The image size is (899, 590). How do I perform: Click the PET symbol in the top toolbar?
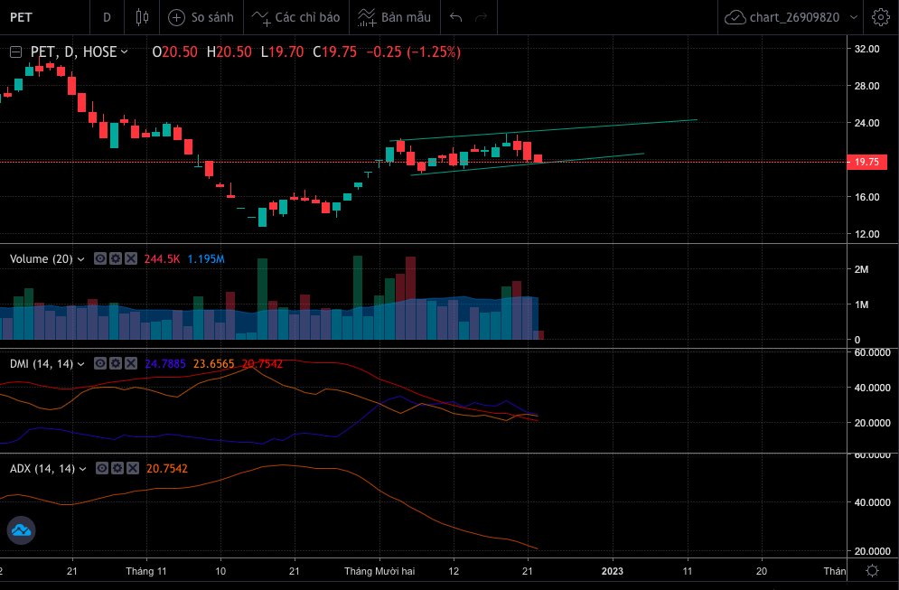tap(22, 17)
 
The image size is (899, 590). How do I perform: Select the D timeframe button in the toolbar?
tap(107, 17)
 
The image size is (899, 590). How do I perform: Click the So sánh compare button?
tap(201, 17)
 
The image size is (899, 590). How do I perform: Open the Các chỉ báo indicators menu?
tap(295, 17)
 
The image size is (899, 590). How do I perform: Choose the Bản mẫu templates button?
tap(394, 17)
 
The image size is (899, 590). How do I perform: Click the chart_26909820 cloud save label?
tap(782, 17)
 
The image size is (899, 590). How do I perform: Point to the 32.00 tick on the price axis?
tap(866, 49)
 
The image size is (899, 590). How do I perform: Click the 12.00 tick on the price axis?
tap(866, 234)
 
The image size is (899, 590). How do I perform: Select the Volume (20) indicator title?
tap(42, 259)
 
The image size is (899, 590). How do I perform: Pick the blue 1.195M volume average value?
tap(206, 259)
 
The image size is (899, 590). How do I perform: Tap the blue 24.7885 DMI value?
tap(166, 364)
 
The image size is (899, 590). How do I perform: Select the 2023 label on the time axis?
tap(613, 571)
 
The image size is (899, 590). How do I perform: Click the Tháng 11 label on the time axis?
tap(146, 571)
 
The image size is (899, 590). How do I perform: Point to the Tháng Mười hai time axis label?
tap(379, 571)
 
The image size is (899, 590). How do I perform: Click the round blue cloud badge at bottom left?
tap(21, 531)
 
